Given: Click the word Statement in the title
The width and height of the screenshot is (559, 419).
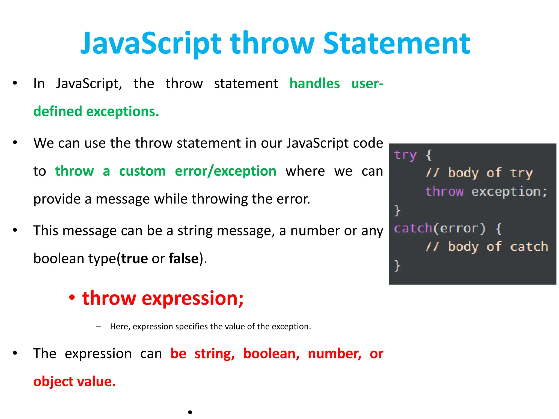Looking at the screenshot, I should (x=396, y=44).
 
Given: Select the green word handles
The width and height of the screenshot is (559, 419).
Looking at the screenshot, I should (x=314, y=83).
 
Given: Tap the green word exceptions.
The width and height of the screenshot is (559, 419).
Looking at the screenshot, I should (x=123, y=112).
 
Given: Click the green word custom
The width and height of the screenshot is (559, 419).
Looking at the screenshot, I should (x=142, y=171).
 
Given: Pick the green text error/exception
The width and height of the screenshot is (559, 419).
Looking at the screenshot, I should (x=225, y=171).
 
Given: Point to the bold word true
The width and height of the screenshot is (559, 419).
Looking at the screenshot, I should (x=135, y=258).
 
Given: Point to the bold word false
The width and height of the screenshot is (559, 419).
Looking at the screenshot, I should (x=183, y=258).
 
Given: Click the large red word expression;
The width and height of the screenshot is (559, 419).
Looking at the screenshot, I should (x=192, y=298).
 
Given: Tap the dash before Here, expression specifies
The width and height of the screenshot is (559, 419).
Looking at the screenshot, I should (x=99, y=327).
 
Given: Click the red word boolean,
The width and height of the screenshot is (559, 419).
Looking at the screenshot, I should (x=271, y=354).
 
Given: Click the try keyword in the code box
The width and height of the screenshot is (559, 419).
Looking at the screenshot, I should (x=405, y=155).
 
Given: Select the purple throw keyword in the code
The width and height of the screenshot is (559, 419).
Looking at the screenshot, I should (x=444, y=191).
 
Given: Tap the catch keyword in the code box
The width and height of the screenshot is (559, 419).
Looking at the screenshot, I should (x=413, y=228).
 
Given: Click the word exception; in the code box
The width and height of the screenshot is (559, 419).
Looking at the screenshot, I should (x=509, y=191).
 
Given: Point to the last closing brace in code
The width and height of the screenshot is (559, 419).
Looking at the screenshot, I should (x=397, y=265).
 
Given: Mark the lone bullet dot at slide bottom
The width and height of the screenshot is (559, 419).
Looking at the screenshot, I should (x=190, y=412).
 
